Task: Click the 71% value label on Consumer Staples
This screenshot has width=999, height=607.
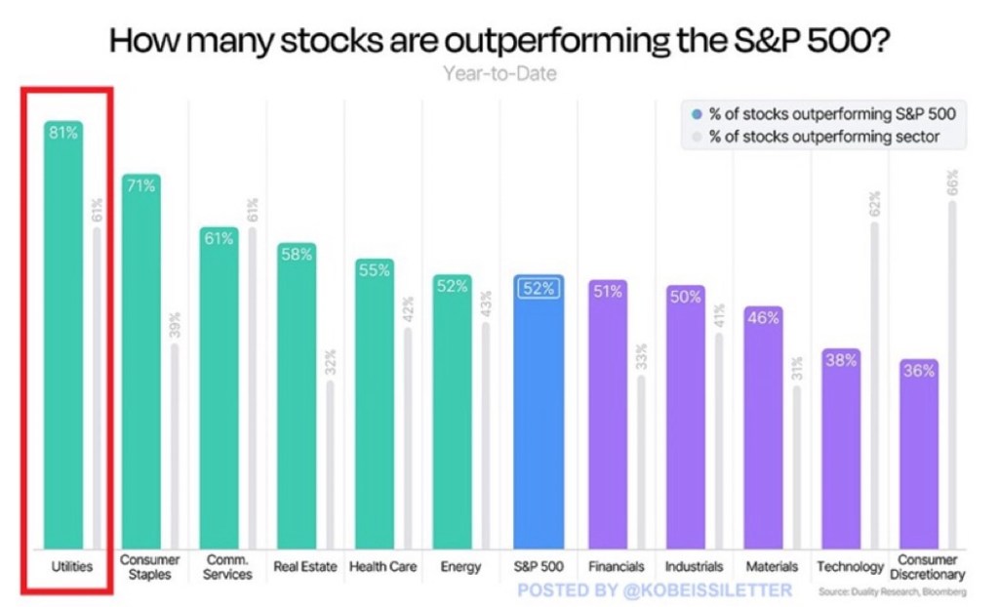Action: (140, 185)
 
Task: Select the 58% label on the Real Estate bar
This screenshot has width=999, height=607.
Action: (296, 254)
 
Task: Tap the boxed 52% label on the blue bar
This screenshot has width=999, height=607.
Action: (538, 288)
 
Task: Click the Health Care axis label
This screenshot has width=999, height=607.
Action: (382, 567)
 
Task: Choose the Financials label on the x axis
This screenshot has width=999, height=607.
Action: (616, 567)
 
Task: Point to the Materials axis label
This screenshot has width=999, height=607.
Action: (772, 567)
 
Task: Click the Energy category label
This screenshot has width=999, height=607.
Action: (460, 567)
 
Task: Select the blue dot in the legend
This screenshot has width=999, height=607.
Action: (696, 114)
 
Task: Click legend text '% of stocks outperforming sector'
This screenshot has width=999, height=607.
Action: (824, 137)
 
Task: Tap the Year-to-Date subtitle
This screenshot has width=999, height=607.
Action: (499, 73)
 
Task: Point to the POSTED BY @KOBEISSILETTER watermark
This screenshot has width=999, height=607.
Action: (655, 590)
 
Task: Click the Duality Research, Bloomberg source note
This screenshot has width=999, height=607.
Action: (893, 592)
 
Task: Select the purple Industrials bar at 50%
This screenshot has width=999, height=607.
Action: (686, 420)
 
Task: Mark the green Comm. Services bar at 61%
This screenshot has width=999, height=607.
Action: (219, 390)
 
